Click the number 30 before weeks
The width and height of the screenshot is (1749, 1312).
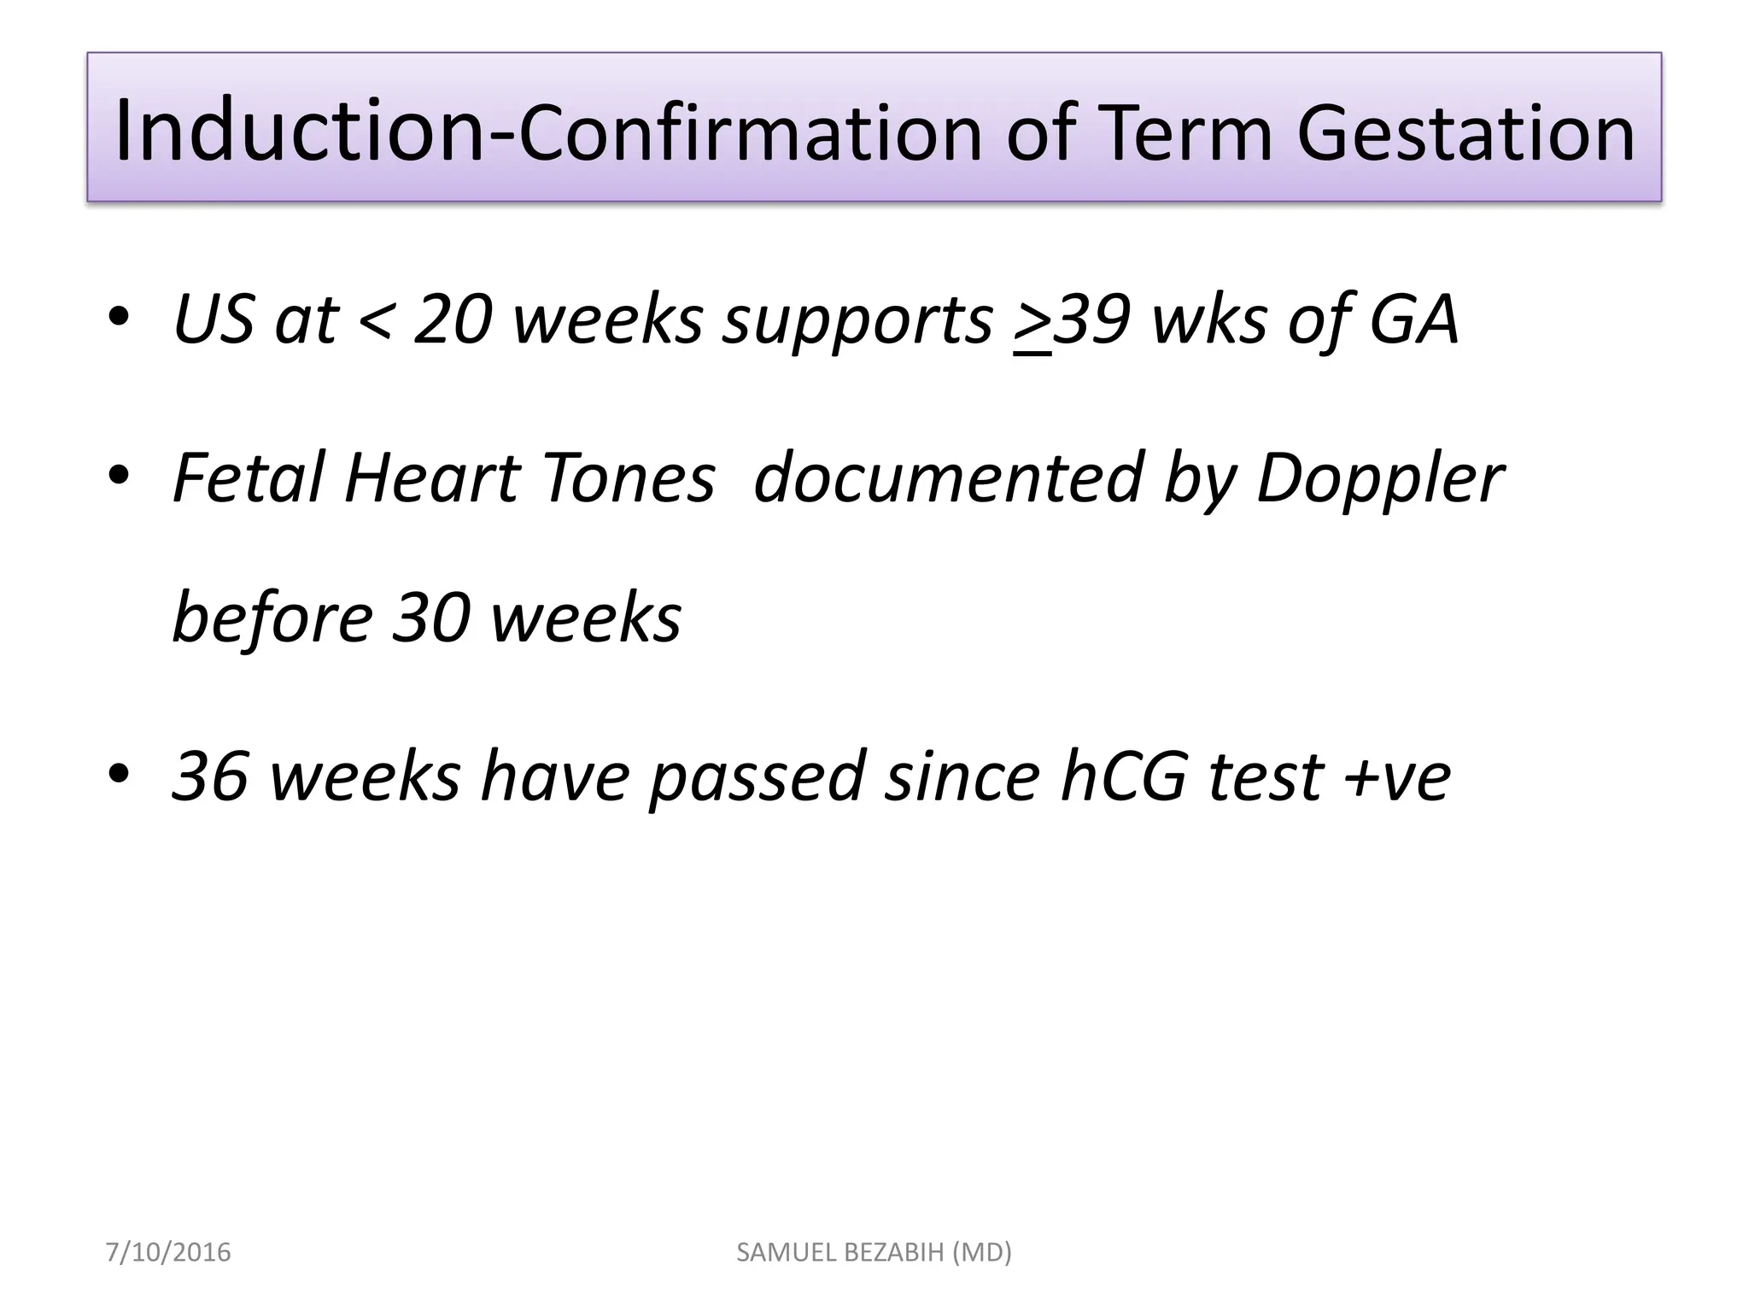[x=430, y=618]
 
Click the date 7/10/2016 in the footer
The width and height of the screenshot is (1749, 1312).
[x=168, y=1252]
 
